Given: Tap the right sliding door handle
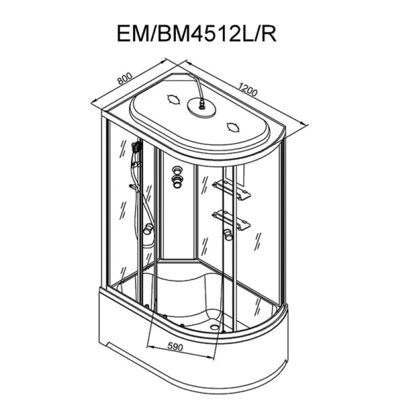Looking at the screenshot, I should [228, 235].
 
